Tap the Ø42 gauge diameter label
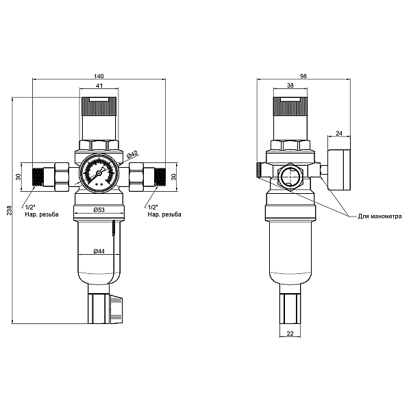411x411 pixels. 133,153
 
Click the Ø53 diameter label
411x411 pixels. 99,210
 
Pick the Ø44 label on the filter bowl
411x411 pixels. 99,252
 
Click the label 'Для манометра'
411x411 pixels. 379,216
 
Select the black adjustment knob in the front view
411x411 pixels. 99,105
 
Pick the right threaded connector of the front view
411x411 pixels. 158,176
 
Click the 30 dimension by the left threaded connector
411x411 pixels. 20,176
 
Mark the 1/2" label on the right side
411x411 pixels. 151,206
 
